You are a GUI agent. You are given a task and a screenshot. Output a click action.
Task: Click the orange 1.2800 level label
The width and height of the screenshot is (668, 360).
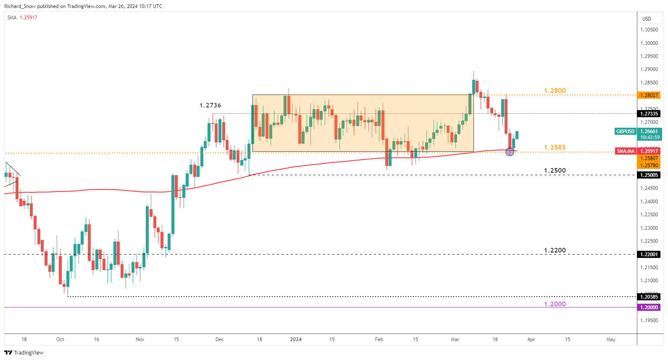pos(555,91)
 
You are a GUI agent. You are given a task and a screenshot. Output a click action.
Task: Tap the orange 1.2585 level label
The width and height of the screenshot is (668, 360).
pos(555,147)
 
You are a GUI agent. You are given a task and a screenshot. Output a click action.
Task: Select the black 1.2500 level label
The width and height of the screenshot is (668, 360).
pos(555,171)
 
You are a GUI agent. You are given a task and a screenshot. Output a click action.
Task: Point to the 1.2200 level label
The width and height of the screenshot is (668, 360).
pos(555,250)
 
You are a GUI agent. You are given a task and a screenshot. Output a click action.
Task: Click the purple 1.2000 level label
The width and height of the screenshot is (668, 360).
pos(555,304)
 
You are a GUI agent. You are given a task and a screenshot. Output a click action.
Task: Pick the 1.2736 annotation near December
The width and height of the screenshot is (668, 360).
pos(210,105)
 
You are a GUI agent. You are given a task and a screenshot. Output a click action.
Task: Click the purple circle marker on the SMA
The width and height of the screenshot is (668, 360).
pos(510,152)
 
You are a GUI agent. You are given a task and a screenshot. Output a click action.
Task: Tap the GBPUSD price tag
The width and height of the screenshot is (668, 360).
pos(625,131)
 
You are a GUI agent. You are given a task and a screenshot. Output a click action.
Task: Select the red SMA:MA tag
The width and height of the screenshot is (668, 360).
pos(626,151)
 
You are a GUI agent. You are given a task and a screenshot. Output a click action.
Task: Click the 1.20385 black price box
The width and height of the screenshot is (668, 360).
pos(649,297)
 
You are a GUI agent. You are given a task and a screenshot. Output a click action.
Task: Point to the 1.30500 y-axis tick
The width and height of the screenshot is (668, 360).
pos(649,30)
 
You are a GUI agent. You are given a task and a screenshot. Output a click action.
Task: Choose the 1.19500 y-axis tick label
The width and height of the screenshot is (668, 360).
pos(649,321)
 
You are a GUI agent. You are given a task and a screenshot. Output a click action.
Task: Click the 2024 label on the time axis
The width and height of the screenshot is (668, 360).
pos(296,339)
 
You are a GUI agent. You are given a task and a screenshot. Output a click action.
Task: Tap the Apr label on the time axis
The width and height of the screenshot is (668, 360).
pos(531,339)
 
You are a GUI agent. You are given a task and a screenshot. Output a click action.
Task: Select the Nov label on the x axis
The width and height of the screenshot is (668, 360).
pos(140,339)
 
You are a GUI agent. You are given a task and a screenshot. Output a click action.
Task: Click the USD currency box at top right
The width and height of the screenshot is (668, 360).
pos(647,18)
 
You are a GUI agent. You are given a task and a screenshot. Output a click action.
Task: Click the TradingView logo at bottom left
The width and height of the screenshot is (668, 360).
pos(24,352)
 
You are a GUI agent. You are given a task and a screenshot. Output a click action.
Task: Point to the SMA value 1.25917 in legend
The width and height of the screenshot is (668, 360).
pos(29,18)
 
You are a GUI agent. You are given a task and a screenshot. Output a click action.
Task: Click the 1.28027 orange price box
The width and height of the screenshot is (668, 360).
pos(649,95)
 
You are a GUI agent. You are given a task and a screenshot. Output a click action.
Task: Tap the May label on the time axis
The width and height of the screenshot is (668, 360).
pos(611,339)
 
